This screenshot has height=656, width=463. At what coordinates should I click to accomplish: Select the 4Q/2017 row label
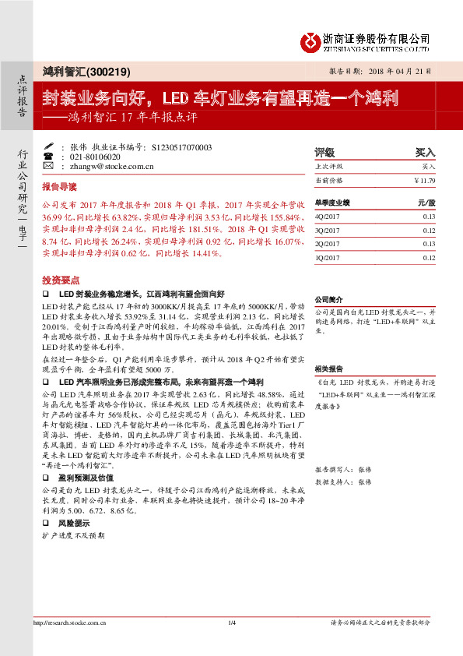pos(327,217)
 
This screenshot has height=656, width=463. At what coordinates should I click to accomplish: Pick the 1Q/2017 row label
pos(327,257)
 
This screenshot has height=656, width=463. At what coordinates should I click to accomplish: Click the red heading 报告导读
pos(60,188)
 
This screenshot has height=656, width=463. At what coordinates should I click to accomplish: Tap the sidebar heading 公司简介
pos(328,300)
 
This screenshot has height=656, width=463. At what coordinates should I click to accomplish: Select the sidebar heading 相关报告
pos(328,369)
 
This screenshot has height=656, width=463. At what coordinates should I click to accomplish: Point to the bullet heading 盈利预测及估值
pos(86,477)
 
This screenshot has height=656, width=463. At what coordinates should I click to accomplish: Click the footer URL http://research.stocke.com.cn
pos(69,622)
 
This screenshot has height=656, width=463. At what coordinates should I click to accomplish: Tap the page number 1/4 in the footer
pos(231,622)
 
